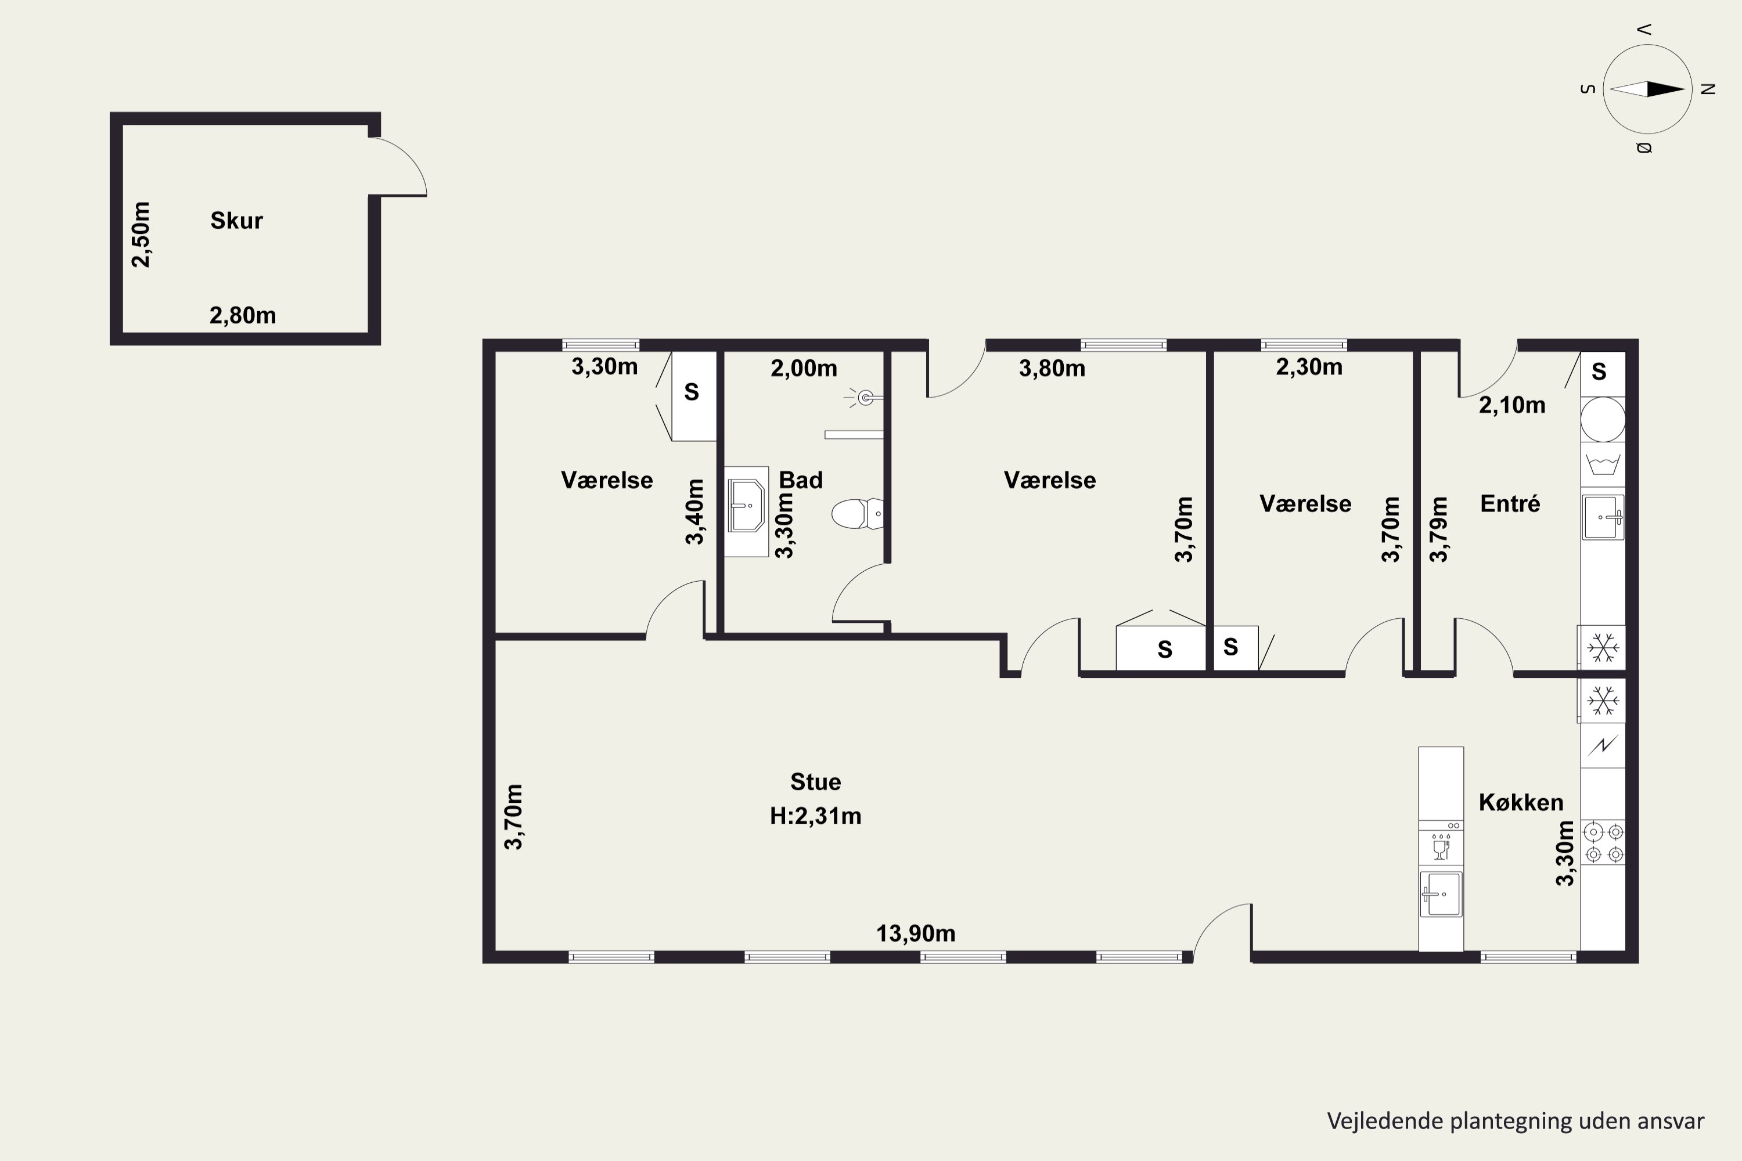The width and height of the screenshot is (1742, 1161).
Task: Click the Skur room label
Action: coord(236,221)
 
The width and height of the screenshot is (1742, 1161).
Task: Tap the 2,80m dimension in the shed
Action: coord(243,315)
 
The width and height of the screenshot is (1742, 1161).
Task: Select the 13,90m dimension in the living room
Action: coord(916,933)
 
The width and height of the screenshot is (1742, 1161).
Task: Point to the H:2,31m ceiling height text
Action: coord(815,816)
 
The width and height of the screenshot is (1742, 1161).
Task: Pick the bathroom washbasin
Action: coord(746,506)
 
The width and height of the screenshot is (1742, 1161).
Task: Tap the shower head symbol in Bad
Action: coord(865,398)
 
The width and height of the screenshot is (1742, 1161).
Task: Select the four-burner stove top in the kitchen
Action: coord(1603,843)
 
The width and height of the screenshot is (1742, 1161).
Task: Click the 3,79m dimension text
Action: coord(1438,529)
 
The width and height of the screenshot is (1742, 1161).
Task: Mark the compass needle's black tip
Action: coord(1685,89)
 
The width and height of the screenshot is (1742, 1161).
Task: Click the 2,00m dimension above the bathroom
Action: coord(804,368)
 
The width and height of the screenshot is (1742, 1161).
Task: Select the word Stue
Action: coord(815,782)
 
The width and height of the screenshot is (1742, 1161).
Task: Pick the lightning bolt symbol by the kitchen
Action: coord(1603,745)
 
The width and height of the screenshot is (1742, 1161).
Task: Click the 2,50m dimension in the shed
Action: coord(141,234)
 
